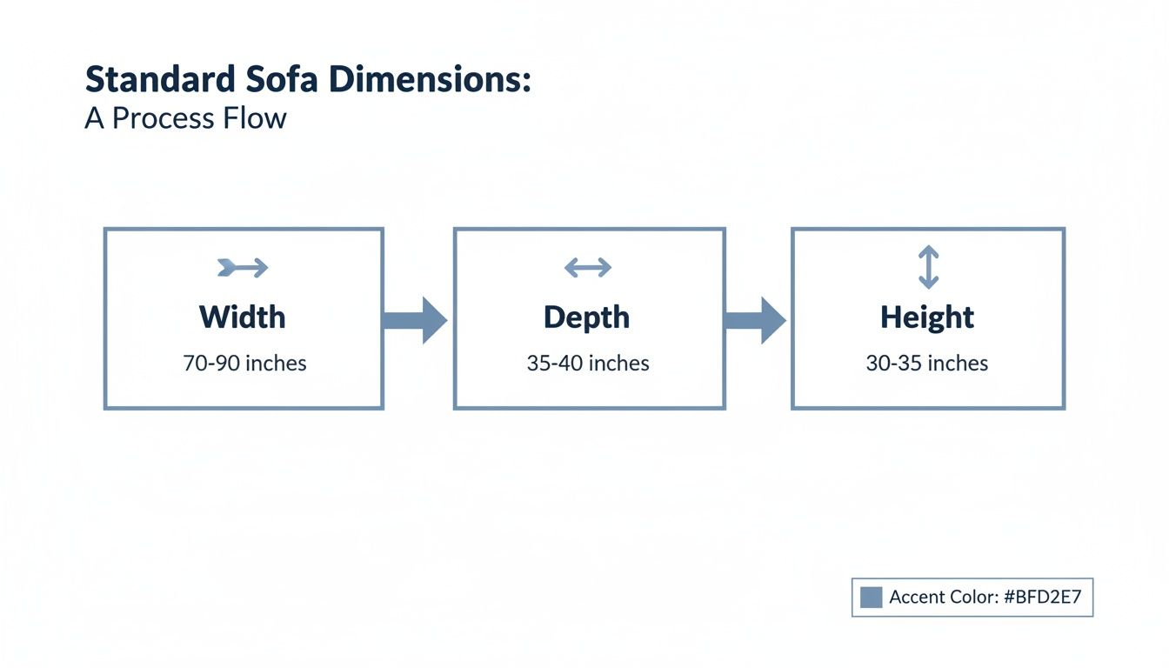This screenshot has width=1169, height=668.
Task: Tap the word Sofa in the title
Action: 268,80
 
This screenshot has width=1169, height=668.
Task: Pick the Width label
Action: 243,317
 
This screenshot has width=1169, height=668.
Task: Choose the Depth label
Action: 587,317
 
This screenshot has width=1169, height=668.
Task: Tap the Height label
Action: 927,317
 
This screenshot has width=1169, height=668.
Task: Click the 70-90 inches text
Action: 244,363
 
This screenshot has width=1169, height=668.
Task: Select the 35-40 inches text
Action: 588,363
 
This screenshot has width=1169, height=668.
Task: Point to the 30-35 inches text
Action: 927,363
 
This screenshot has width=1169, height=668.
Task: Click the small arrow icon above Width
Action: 243,268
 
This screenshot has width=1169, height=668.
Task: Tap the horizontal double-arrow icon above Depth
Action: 588,268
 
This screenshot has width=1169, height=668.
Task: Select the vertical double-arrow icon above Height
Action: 928,267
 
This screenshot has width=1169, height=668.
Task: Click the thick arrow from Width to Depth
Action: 415,320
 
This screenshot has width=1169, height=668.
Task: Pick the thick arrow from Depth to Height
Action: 756,320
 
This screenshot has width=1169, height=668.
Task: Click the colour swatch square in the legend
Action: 871,597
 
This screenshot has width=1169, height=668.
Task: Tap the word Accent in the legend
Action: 918,598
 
